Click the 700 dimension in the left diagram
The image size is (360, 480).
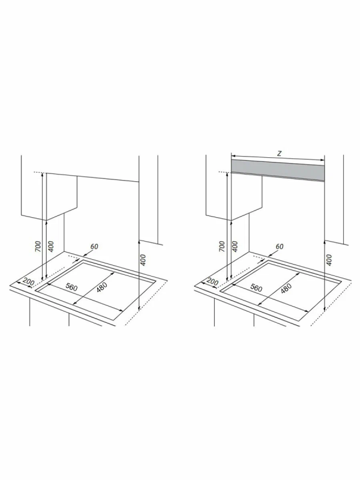[38, 247]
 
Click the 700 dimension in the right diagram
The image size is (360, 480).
[223, 247]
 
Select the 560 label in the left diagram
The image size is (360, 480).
[71, 287]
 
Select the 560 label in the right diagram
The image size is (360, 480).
[256, 287]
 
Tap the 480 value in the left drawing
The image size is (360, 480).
[101, 288]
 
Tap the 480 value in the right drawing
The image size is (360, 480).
[286, 288]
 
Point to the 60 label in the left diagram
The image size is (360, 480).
[95, 246]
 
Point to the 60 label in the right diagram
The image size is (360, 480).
[279, 246]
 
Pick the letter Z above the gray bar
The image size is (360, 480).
[279, 154]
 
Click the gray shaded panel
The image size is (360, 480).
[278, 170]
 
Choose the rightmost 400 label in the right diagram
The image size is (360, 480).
[329, 260]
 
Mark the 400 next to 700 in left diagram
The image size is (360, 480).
[51, 247]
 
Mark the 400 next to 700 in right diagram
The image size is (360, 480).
[235, 247]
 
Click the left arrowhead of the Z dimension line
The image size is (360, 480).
[232, 155]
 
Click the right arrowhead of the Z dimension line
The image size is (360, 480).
[323, 160]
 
